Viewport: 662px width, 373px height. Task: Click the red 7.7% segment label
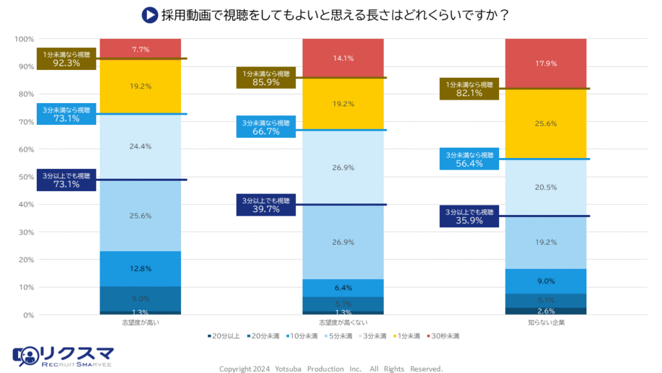click(140, 49)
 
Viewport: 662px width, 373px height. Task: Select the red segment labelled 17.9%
click(546, 63)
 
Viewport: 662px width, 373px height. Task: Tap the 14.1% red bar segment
click(343, 58)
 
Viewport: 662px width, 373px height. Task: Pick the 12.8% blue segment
click(140, 269)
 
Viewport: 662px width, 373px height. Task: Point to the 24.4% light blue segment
click(140, 146)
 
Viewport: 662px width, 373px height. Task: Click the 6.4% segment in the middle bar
click(343, 288)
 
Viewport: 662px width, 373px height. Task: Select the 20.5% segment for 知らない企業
click(546, 188)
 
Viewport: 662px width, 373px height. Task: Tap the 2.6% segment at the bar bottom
click(546, 311)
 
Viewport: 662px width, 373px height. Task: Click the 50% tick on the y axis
click(25, 177)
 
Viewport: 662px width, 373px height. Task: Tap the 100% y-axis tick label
click(24, 39)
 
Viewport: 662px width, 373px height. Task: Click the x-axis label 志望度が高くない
click(343, 322)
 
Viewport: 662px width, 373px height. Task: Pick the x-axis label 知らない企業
click(546, 322)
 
